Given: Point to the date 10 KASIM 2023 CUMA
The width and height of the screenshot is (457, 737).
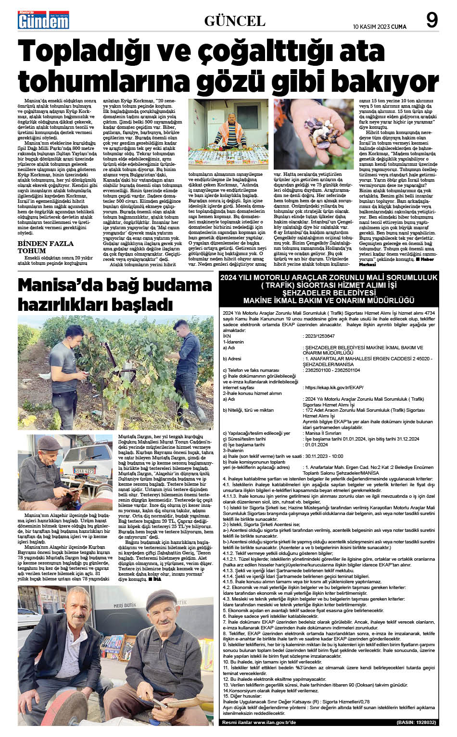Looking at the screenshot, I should [380, 26].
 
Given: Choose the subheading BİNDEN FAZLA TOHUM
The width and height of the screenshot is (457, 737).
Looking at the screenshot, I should [46, 247].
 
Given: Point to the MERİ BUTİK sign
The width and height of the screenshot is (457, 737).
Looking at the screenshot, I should [124, 605].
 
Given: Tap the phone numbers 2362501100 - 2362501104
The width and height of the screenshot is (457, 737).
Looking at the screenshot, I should [332, 370].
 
